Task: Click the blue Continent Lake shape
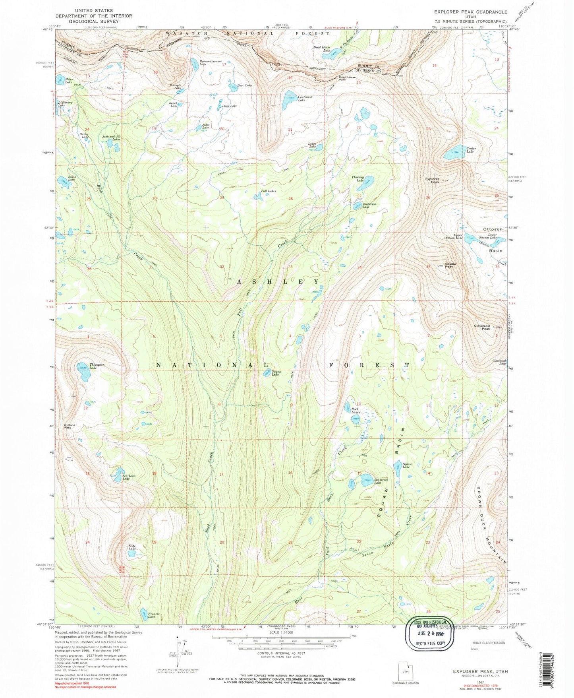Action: click(x=288, y=101)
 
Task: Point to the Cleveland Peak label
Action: click(x=481, y=327)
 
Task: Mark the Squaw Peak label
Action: click(x=449, y=265)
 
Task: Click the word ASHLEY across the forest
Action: click(x=278, y=281)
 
